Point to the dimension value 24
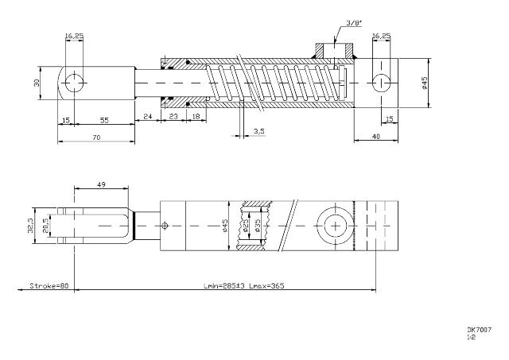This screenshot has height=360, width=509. (x=147, y=118)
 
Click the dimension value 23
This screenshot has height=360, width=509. (x=174, y=118)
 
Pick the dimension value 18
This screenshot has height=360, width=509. (x=196, y=118)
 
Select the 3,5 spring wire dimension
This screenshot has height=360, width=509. (x=259, y=130)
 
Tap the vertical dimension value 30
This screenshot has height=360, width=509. (x=36, y=82)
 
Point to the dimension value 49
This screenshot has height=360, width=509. (x=101, y=184)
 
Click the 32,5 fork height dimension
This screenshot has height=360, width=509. (x=30, y=226)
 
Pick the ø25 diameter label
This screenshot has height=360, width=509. (x=248, y=226)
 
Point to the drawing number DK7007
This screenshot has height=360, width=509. (x=479, y=329)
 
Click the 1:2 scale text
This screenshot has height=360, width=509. (x=472, y=337)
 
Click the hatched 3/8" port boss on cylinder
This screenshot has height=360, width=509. (x=335, y=52)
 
